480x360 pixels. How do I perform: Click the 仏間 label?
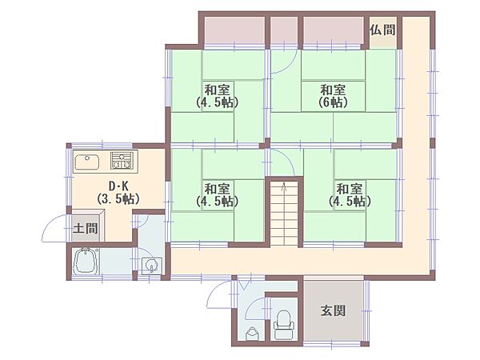coord(382,30)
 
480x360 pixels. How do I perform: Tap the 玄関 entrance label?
coord(334,311)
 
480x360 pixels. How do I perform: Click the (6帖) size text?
coord(333,103)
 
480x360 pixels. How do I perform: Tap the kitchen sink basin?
coord(86,163)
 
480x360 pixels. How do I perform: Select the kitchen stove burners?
coord(122,161)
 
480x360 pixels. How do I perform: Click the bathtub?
coord(85,262)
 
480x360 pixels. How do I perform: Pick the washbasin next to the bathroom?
coord(150,266)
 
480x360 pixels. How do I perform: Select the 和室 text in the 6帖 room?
coord(333,90)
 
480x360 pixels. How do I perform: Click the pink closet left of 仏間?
coord(334,30)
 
